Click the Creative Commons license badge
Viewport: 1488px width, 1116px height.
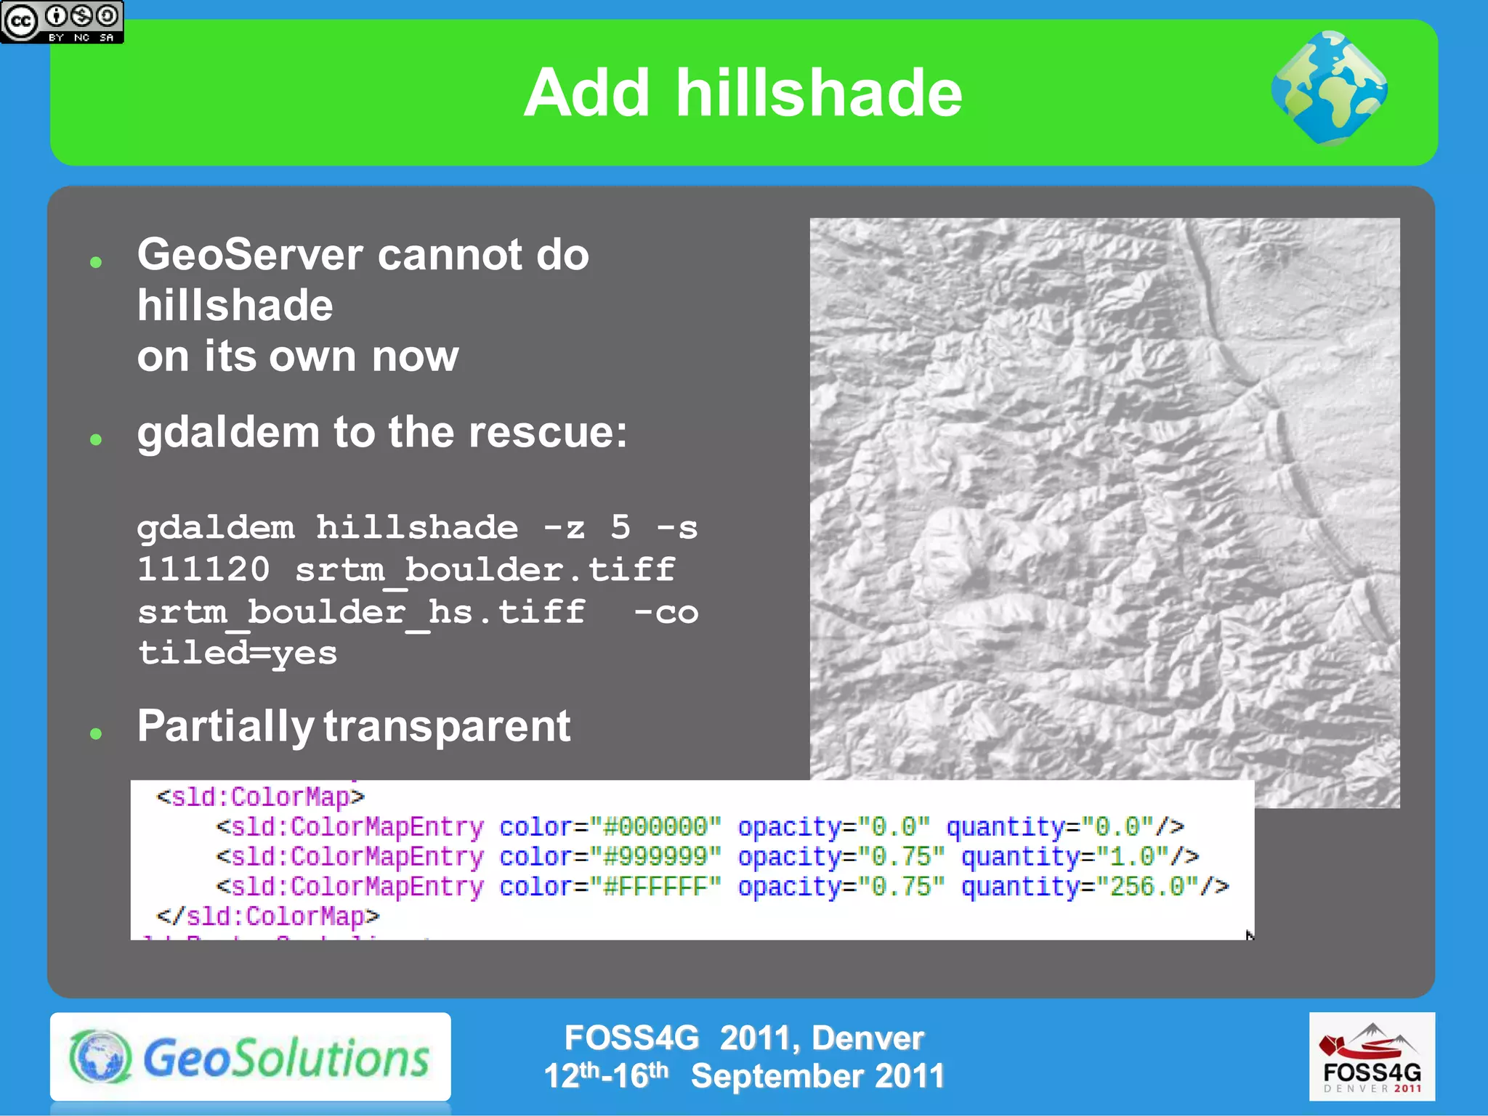[62, 22]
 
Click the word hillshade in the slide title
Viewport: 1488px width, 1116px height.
[819, 93]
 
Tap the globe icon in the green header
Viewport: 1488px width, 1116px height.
[1329, 87]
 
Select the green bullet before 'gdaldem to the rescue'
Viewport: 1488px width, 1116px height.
[96, 439]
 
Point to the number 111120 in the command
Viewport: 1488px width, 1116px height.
[203, 569]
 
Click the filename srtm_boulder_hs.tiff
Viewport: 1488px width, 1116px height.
[361, 611]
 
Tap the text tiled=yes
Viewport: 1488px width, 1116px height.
[238, 653]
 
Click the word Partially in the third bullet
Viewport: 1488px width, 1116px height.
[225, 726]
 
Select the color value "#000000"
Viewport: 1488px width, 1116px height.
[655, 827]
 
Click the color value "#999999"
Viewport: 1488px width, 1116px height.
[655, 857]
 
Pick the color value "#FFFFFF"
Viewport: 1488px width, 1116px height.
[655, 887]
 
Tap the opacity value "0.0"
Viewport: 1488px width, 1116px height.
[893, 827]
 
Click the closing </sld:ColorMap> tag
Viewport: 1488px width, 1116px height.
[268, 916]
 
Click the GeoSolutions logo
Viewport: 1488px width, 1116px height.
[250, 1057]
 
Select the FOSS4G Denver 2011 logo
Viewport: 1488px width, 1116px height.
[1372, 1056]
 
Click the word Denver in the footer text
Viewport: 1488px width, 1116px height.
[868, 1038]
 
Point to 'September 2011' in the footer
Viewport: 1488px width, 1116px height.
[817, 1076]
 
